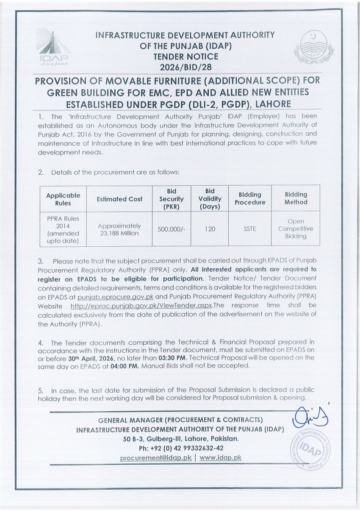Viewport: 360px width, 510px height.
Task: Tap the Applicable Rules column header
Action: (x=63, y=199)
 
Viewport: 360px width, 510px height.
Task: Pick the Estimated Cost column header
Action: (x=119, y=199)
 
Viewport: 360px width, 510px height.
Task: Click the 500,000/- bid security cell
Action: (x=171, y=229)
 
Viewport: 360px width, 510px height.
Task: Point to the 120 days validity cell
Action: (x=210, y=229)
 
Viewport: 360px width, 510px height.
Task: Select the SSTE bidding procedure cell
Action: (x=249, y=229)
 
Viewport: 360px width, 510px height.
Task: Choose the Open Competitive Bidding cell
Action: (x=296, y=229)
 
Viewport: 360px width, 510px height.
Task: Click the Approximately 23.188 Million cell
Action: (x=119, y=229)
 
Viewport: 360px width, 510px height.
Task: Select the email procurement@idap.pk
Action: (x=156, y=458)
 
